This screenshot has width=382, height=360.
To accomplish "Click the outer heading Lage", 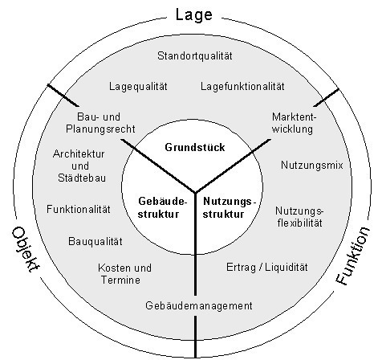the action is click(x=194, y=15).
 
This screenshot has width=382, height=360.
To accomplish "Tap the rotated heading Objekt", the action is click(x=26, y=250).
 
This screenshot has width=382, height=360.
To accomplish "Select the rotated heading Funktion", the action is click(x=353, y=256).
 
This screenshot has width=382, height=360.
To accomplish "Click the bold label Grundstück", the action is click(x=195, y=148).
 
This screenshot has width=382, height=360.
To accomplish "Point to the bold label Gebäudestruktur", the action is click(x=162, y=207).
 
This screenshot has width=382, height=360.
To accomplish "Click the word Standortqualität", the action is click(x=195, y=56).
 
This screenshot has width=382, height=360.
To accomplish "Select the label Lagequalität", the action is click(x=138, y=87).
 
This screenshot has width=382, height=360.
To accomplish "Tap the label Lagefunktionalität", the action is click(x=242, y=86).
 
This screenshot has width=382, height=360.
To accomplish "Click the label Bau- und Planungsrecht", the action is click(x=100, y=123).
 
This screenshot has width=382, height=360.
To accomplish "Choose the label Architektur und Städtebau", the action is click(x=80, y=166).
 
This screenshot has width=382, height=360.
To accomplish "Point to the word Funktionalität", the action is click(x=79, y=209).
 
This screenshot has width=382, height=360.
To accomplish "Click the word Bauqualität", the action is click(x=95, y=241).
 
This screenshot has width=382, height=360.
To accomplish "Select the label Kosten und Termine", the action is click(x=124, y=274).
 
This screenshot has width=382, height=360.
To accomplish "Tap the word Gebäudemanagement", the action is click(x=199, y=306).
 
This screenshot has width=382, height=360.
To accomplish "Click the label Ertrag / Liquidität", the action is click(x=267, y=267).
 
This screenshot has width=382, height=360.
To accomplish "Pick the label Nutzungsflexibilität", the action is click(x=299, y=217).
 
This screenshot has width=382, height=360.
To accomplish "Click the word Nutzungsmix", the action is click(x=312, y=165).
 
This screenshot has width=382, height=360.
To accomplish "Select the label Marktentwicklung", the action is click(x=293, y=123).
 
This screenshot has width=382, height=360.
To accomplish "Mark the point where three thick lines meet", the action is click(x=195, y=192).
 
